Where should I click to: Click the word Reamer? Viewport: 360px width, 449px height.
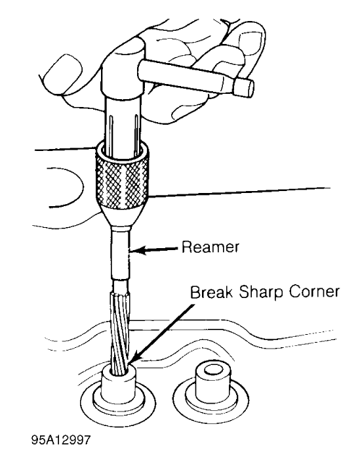(x=210, y=247)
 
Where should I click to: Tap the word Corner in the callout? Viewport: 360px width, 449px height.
(x=314, y=292)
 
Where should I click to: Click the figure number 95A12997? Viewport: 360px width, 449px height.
(x=60, y=440)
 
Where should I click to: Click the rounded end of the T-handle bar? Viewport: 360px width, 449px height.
(x=245, y=87)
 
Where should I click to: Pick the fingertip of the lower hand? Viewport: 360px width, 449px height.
(x=65, y=188)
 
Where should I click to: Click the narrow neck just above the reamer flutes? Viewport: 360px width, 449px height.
(x=121, y=286)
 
